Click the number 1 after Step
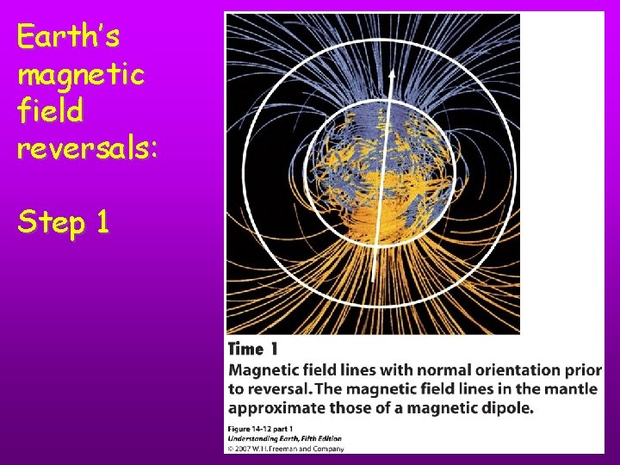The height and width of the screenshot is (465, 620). point(102,222)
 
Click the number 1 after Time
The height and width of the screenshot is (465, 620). point(274,350)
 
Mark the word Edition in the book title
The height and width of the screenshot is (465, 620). point(338,437)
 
